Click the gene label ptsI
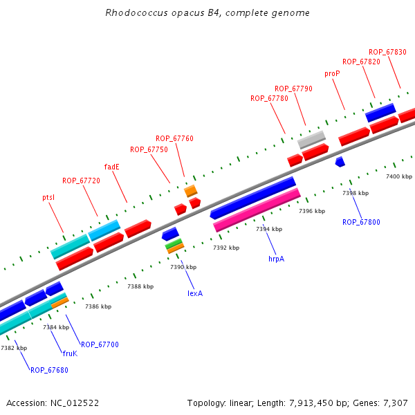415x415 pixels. click(48, 197)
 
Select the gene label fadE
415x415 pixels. click(112, 167)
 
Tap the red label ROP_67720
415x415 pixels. click(81, 181)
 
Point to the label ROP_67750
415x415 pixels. click(149, 149)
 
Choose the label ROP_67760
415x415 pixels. click(174, 138)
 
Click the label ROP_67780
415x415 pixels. click(269, 98)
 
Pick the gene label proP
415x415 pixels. click(332, 73)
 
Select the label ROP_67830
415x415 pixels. click(387, 52)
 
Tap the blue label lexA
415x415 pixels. click(195, 293)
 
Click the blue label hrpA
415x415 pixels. click(276, 259)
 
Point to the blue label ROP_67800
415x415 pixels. click(361, 222)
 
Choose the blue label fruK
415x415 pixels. click(70, 353)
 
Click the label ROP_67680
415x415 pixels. click(49, 370)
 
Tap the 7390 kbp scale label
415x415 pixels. click(183, 267)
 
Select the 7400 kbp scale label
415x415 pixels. click(398, 177)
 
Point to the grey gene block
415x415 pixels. click(311, 139)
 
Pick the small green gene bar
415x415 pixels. click(174, 243)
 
